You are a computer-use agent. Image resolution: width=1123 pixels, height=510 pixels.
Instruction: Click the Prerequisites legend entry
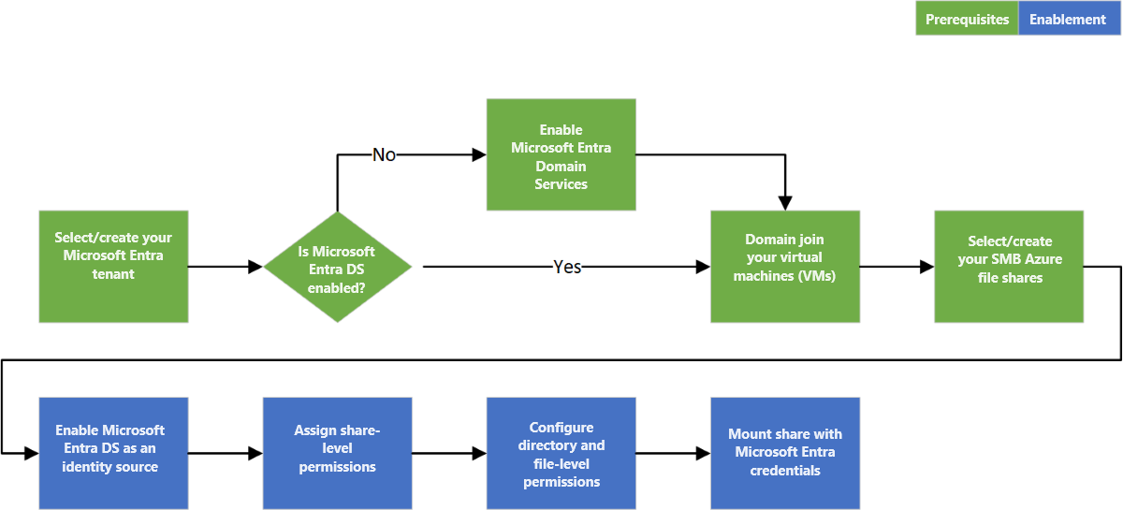click(x=967, y=19)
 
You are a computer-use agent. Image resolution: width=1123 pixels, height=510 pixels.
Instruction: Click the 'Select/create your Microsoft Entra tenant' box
click(x=113, y=267)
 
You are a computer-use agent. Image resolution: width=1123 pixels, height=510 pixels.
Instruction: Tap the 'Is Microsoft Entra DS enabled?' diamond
click(x=337, y=267)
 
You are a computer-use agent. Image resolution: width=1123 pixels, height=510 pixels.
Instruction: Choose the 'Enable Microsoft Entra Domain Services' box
click(x=561, y=154)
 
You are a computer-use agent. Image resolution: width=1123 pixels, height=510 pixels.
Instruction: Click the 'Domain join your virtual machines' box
click(x=785, y=267)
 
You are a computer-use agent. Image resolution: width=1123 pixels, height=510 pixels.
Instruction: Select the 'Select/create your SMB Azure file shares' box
click(x=1009, y=267)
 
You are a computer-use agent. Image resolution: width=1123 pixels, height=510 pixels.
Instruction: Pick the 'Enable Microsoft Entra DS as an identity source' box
click(x=113, y=454)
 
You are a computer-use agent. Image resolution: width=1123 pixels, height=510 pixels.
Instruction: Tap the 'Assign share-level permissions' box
click(x=337, y=454)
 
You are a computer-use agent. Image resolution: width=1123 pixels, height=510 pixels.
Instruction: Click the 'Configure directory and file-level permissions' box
click(x=561, y=454)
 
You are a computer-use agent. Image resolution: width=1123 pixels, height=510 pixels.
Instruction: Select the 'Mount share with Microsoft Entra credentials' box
click(x=785, y=454)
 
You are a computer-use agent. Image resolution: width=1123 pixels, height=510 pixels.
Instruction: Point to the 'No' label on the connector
click(x=384, y=154)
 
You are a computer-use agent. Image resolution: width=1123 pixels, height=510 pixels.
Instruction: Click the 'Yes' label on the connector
click(x=567, y=267)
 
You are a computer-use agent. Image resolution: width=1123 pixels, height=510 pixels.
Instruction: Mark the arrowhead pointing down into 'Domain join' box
click(x=785, y=203)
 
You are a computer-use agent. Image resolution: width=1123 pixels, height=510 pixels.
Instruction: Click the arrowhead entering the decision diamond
click(x=255, y=267)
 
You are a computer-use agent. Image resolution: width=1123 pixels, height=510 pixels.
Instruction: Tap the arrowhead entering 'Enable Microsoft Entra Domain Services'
click(x=478, y=154)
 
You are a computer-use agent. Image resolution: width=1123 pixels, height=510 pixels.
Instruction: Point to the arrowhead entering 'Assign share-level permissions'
click(x=255, y=454)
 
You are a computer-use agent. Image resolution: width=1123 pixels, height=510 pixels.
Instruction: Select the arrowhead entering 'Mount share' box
click(x=703, y=454)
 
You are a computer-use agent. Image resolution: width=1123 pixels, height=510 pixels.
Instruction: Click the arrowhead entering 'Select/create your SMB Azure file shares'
click(x=926, y=267)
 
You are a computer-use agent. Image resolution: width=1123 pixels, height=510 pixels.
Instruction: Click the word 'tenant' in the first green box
click(x=113, y=274)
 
